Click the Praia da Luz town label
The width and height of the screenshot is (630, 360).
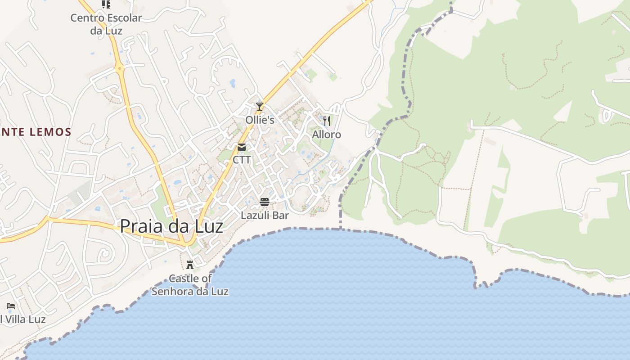171,225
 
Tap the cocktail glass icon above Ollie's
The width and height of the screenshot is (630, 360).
260,107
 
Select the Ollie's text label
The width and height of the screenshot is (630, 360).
260,120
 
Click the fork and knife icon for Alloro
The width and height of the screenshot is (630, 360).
327,121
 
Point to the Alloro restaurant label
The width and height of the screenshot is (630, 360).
327,135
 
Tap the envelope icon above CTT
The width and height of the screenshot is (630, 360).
242,147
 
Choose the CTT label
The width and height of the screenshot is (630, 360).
242,160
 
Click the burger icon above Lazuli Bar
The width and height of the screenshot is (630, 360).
265,202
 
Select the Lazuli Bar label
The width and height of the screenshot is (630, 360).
265,216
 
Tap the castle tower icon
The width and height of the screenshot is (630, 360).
190,265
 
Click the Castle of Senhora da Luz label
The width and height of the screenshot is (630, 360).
190,285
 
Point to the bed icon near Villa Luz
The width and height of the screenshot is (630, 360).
11,306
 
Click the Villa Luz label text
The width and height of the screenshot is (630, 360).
23,319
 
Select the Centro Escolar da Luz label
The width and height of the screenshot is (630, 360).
106,24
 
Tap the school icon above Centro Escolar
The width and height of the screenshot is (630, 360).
106,4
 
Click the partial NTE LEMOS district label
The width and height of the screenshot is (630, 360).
36,132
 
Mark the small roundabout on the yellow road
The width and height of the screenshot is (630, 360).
119,69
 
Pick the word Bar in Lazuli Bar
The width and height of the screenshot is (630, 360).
280,216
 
